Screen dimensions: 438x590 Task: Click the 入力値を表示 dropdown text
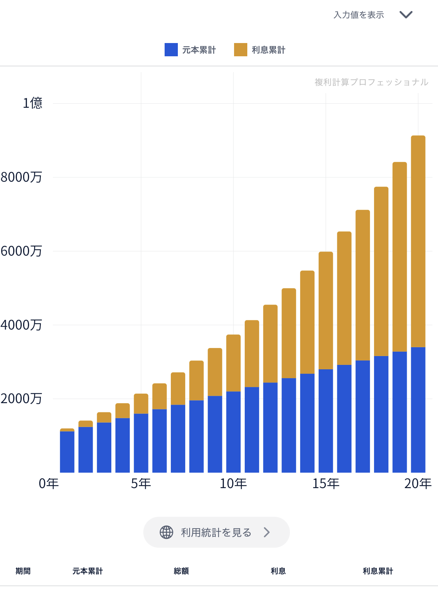(x=359, y=15)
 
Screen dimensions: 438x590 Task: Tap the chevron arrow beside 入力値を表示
(x=406, y=15)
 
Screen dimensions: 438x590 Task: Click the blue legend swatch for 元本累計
(x=171, y=50)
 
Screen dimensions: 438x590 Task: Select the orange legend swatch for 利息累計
(x=241, y=50)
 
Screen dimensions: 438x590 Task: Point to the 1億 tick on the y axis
(x=32, y=103)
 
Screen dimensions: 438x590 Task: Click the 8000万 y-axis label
(x=21, y=177)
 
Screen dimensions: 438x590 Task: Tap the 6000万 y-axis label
(x=21, y=251)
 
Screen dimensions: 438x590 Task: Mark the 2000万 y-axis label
(x=21, y=399)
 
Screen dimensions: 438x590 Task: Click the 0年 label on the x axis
(x=49, y=483)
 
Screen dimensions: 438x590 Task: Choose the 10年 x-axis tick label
(x=233, y=483)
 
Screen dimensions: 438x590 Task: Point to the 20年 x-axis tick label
(x=418, y=483)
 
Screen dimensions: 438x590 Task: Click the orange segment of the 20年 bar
(x=418, y=241)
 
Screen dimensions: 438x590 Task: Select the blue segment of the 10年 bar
(x=233, y=432)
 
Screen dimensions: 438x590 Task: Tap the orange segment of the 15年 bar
(x=326, y=310)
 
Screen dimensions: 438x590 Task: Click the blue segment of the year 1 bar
(x=67, y=452)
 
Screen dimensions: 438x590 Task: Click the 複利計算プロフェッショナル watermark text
(x=371, y=82)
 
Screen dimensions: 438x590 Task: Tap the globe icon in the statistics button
(x=166, y=532)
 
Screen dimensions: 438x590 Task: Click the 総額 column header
(x=181, y=571)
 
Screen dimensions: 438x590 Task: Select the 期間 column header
(x=23, y=571)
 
